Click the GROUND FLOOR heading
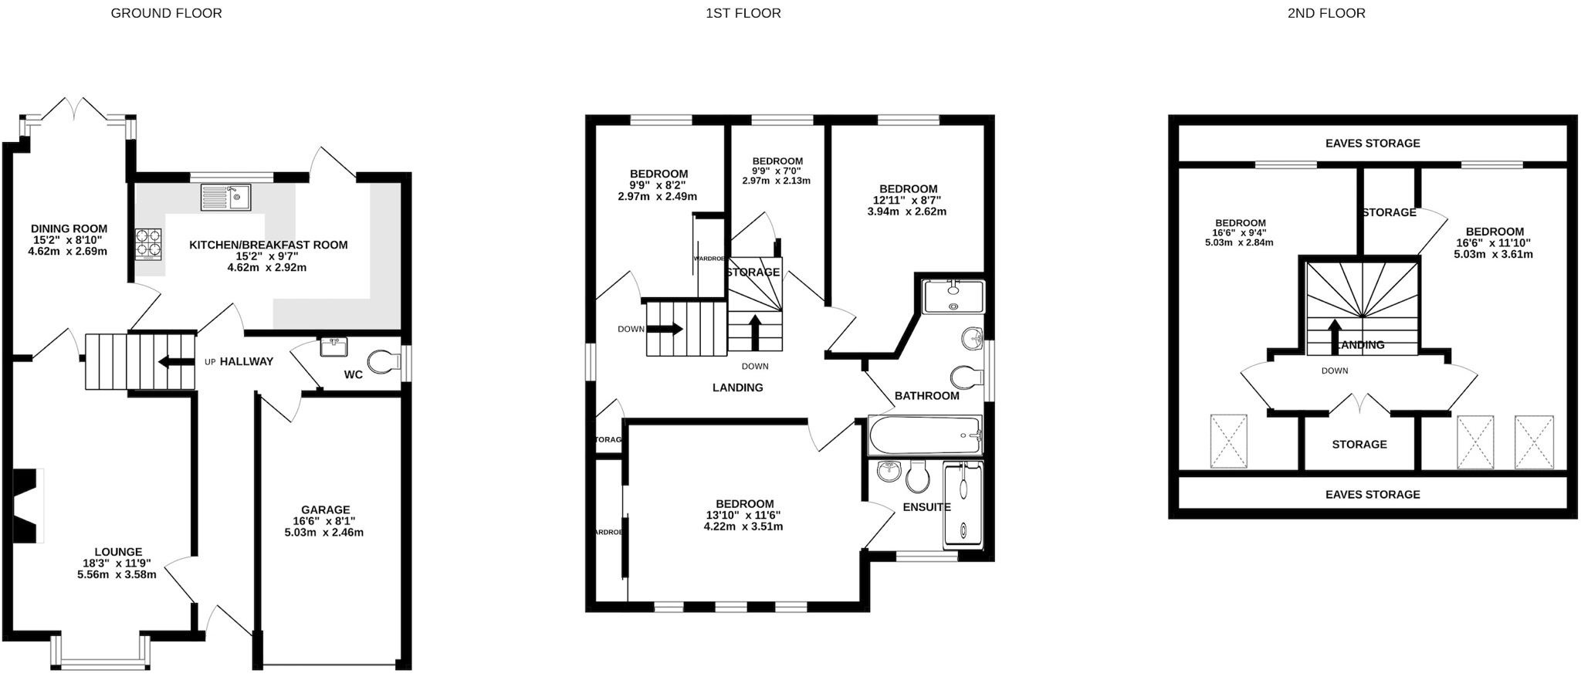click(x=166, y=13)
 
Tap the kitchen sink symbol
click(x=225, y=198)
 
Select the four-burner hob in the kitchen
click(x=149, y=243)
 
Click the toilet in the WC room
click(x=384, y=361)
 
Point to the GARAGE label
click(x=325, y=509)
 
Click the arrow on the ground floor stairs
click(x=175, y=362)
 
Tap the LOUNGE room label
click(x=118, y=552)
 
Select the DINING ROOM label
click(x=69, y=228)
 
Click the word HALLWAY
click(x=246, y=361)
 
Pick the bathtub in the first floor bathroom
click(x=925, y=436)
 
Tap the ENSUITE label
click(x=926, y=507)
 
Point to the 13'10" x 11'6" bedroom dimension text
click(x=743, y=516)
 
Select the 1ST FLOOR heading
click(x=743, y=13)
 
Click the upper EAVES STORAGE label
click(x=1372, y=143)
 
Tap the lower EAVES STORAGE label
click(x=1372, y=494)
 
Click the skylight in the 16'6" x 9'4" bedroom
click(x=1228, y=442)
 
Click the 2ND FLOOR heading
click(x=1325, y=13)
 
